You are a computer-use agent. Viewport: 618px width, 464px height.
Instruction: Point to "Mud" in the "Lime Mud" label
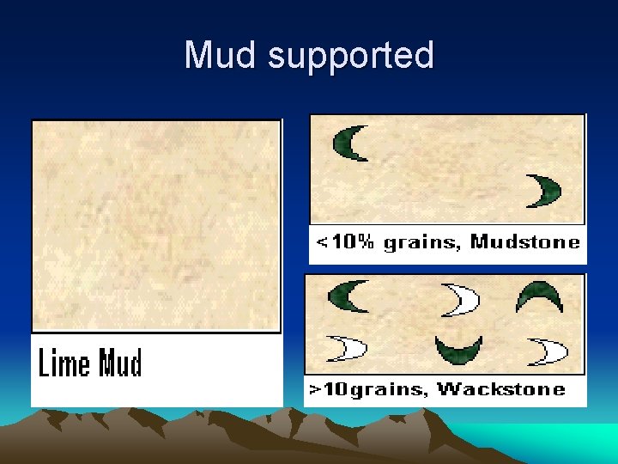click(x=120, y=363)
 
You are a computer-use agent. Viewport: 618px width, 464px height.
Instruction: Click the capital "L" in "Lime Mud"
click(x=43, y=363)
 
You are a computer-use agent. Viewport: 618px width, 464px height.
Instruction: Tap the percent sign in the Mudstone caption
click(x=367, y=242)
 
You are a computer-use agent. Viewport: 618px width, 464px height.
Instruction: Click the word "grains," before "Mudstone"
click(x=422, y=243)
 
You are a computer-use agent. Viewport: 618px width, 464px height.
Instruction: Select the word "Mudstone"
click(x=525, y=242)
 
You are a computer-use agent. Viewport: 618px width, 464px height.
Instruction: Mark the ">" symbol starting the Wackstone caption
click(x=315, y=390)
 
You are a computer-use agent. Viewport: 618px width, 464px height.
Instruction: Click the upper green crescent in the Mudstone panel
click(x=351, y=143)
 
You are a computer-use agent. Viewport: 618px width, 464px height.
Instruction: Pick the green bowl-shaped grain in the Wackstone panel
click(x=458, y=349)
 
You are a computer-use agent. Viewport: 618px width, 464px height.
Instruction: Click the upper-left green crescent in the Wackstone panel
click(x=348, y=296)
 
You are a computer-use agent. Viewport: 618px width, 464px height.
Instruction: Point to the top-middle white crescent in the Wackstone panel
click(x=461, y=299)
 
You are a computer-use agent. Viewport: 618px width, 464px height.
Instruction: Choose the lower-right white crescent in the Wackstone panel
click(x=549, y=351)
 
